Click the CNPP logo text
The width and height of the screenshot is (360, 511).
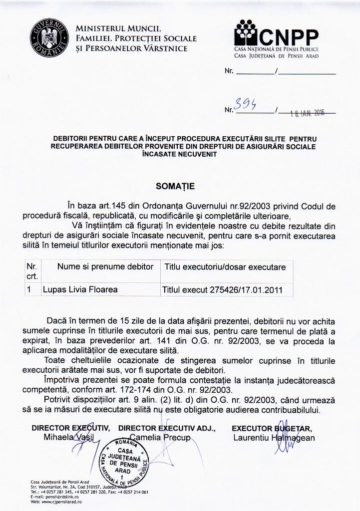pos(290,35)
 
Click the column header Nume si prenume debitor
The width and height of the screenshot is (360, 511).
pos(105,267)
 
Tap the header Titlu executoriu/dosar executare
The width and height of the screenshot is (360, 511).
pos(225,267)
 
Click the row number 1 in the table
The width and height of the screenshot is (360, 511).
pos(29,289)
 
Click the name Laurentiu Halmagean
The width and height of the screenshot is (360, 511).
pos(274,438)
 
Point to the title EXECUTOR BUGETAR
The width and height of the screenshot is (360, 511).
pos(272,428)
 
